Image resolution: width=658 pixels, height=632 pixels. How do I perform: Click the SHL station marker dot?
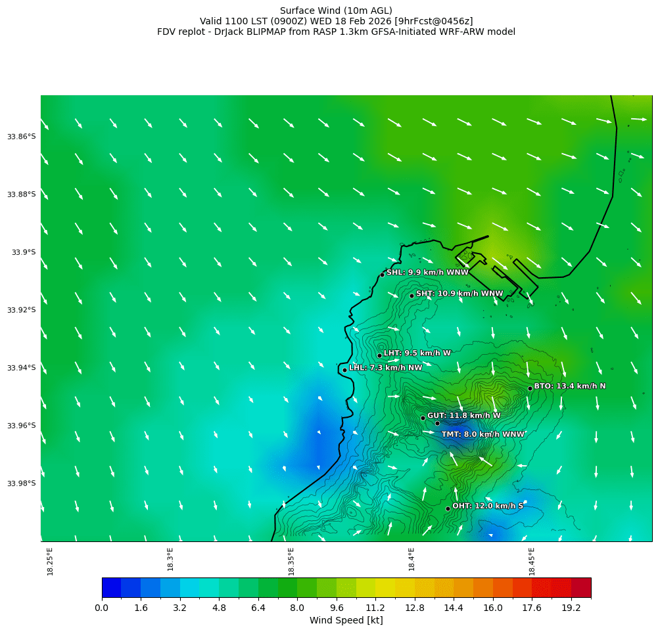coord(382,275)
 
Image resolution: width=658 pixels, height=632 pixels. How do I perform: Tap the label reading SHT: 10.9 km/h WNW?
coord(459,294)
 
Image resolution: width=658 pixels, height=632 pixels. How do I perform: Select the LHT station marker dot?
coord(379,355)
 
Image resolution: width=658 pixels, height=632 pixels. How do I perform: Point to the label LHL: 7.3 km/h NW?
coord(385,368)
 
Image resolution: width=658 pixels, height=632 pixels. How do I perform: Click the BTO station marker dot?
coord(530,388)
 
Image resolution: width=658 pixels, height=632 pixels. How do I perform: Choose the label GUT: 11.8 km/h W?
coord(463,416)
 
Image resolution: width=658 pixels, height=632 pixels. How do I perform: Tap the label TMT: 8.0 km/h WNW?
coord(482,434)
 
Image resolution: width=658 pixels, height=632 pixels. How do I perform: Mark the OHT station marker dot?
coord(448,508)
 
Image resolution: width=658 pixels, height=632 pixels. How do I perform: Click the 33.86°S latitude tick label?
coord(21,137)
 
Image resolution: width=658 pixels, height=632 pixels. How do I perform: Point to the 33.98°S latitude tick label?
coord(21,484)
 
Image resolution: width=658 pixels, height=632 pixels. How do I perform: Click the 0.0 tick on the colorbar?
coord(102,608)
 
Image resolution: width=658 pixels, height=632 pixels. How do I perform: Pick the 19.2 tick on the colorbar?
coord(571,608)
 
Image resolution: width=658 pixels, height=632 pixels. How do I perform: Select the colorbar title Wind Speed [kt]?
coord(346,621)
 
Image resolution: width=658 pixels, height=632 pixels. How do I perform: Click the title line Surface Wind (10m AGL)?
coord(336,11)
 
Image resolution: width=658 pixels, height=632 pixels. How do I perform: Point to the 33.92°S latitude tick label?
coord(21,310)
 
